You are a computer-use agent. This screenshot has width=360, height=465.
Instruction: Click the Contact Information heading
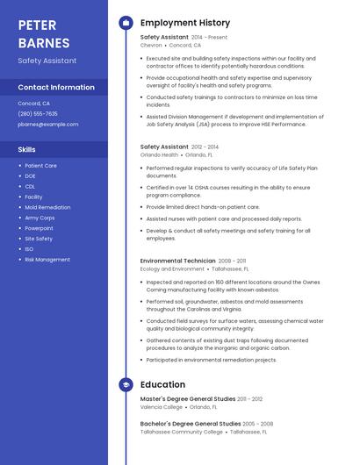point(56,87)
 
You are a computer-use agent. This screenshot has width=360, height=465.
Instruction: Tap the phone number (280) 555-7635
point(38,113)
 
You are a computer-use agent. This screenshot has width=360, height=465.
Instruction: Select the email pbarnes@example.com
point(48,124)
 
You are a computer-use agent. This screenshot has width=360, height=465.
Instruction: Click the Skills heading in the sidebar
point(27,149)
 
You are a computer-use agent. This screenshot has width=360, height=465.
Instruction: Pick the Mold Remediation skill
point(47,207)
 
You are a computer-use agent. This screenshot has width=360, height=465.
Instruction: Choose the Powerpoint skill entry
point(39,228)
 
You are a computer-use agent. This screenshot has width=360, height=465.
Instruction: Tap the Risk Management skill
point(47,260)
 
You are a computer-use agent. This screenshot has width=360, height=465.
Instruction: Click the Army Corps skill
point(40,218)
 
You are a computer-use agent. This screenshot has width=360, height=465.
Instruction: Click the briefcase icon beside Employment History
point(126,23)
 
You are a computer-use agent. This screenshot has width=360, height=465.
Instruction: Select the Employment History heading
point(185,23)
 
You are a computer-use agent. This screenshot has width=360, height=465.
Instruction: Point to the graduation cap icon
point(126,384)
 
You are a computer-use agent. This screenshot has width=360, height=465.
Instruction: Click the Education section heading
point(162,384)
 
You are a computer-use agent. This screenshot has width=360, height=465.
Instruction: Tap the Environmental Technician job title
point(177,261)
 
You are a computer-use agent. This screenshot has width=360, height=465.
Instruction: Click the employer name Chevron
point(151,45)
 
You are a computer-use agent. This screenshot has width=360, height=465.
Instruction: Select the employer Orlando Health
point(159,154)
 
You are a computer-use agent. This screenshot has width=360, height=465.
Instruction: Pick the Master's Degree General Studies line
point(188,399)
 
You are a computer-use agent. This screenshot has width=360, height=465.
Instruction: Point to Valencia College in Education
point(162,407)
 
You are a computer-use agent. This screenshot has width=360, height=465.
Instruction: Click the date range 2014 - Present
point(209,37)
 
